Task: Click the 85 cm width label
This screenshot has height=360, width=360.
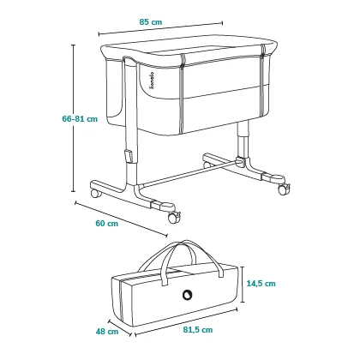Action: [151, 22]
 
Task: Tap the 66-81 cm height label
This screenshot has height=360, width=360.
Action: [80, 119]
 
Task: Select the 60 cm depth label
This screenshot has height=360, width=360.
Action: [106, 224]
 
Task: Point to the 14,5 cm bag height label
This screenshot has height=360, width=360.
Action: [261, 284]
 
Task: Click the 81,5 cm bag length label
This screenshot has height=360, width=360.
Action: [198, 330]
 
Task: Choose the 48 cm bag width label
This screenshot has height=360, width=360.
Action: [107, 332]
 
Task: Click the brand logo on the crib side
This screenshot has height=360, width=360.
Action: [152, 81]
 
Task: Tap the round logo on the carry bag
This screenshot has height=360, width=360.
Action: [188, 294]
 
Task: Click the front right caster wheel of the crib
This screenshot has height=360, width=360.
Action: [173, 218]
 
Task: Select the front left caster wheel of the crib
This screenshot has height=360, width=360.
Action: [96, 194]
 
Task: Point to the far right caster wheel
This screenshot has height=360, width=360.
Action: [284, 189]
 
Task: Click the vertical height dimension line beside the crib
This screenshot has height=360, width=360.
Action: [74, 118]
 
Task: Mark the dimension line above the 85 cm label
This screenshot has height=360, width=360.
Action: [160, 29]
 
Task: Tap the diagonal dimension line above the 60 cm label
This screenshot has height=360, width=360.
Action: [121, 219]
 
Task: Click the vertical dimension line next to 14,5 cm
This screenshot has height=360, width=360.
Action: [243, 285]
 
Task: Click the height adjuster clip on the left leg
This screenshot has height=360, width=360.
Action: [129, 156]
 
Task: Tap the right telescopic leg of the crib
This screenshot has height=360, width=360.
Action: [243, 140]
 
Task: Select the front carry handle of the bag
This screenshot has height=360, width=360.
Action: [191, 262]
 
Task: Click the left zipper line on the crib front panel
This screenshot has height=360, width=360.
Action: [182, 94]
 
